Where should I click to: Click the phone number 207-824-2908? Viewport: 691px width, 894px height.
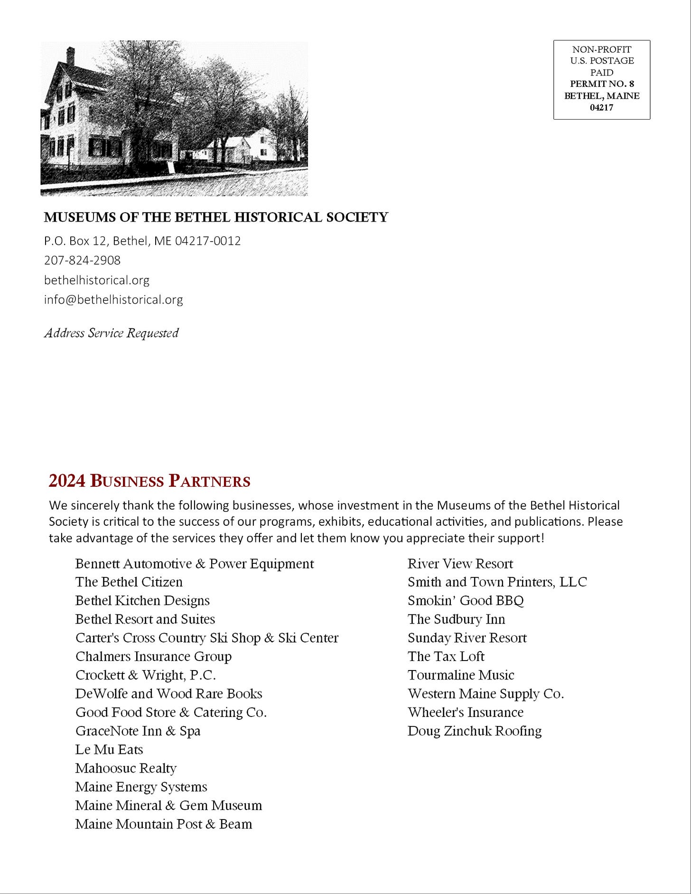point(82,261)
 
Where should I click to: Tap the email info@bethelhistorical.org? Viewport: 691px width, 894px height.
point(113,299)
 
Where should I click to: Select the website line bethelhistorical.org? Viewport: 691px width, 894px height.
point(97,280)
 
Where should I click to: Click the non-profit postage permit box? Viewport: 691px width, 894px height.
point(601,79)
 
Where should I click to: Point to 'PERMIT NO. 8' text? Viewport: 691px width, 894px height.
point(602,84)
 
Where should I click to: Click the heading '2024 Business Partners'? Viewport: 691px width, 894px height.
point(149,481)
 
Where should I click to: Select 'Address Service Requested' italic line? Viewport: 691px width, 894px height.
point(112,333)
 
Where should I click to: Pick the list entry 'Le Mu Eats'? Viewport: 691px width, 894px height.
point(109,750)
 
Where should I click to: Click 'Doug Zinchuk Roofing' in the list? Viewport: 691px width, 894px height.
point(475,731)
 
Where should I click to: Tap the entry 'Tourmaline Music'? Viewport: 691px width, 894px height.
point(461,675)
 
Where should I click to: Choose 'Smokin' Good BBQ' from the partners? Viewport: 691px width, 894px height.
point(466,601)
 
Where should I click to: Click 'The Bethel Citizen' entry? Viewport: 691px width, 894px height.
point(129,582)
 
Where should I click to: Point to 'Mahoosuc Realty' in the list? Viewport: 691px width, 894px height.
point(126,768)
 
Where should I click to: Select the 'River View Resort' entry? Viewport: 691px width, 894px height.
point(460,564)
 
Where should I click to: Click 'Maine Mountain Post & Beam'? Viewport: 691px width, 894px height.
point(163,824)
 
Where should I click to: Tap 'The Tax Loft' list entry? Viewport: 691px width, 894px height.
point(446,657)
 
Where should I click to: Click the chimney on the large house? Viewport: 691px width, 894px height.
point(71,56)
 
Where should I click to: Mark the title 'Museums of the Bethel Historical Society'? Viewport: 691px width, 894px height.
point(216,217)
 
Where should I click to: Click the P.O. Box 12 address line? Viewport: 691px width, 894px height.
point(142,241)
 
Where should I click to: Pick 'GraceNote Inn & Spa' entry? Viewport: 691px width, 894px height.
point(138,731)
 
